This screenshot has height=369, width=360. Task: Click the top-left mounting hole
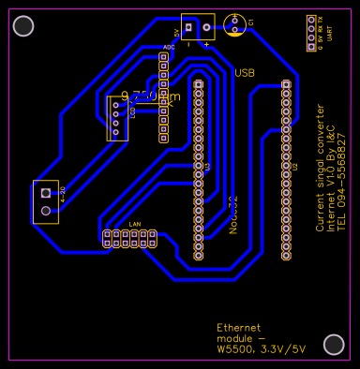pos(24,26)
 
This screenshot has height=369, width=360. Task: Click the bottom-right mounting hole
pos(334,344)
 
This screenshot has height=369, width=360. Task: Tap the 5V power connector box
pos(197,26)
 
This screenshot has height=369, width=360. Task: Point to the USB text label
pos(245,72)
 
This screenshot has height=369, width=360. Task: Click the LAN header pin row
pos(130,239)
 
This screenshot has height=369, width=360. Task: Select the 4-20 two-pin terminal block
pos(45,201)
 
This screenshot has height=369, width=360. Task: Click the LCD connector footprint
pos(116,118)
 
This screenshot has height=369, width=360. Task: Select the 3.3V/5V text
pos(285,349)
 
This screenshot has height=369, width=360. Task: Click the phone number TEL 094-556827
pos(340,182)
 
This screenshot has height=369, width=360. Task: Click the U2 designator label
pos(295,167)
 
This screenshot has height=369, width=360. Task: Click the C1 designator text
pos(251,22)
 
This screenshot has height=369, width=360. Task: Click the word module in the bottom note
pos(234,338)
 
